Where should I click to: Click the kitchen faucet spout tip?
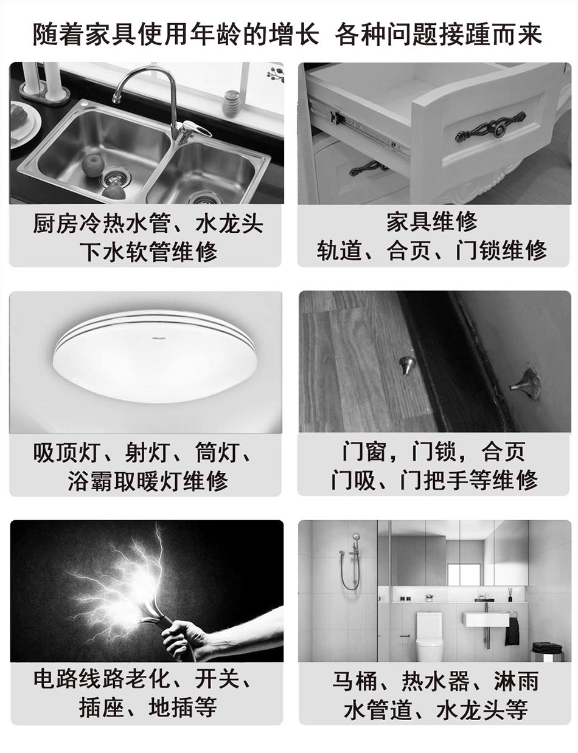(x=116, y=100)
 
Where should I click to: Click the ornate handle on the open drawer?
(x=490, y=127)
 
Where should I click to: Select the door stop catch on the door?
(x=527, y=383)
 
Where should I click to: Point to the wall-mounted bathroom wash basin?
(x=486, y=619)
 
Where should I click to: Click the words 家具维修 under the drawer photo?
(x=432, y=222)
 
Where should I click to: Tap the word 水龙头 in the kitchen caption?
(x=229, y=224)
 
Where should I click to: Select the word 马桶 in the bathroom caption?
(x=355, y=681)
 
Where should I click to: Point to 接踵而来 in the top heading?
(x=490, y=34)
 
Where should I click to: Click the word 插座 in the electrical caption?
(x=101, y=707)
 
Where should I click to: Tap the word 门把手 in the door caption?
(x=434, y=480)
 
